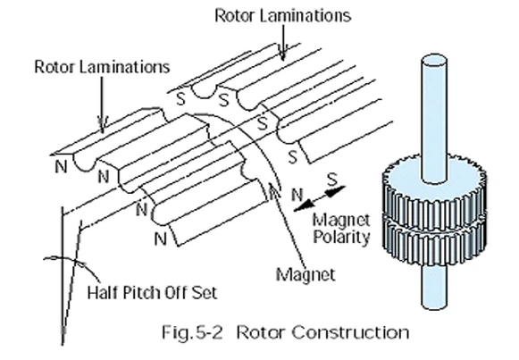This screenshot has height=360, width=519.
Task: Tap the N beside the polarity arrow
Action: coord(297,193)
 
